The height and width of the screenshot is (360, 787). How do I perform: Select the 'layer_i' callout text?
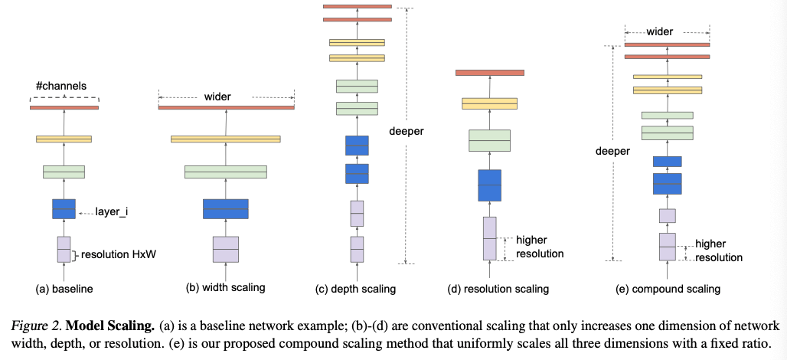(x=111, y=211)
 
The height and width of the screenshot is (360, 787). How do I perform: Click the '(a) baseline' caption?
(x=64, y=290)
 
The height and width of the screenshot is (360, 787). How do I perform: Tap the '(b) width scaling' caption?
(x=225, y=288)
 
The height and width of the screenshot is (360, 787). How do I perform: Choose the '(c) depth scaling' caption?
(x=355, y=289)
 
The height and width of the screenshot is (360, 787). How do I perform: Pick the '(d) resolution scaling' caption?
(x=498, y=289)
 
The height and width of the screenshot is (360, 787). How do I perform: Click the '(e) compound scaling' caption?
(x=668, y=289)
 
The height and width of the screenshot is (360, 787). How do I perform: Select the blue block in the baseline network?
(x=64, y=208)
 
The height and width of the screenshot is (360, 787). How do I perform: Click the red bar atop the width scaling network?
(x=226, y=107)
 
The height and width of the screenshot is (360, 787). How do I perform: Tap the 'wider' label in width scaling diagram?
(x=217, y=97)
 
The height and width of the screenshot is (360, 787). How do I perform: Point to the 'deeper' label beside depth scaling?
(x=406, y=131)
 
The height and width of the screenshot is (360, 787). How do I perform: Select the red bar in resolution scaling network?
(x=489, y=73)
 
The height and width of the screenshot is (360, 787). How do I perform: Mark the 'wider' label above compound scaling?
(x=659, y=32)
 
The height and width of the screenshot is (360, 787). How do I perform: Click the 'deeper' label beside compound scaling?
(x=612, y=152)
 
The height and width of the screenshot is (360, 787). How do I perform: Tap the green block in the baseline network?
(x=64, y=172)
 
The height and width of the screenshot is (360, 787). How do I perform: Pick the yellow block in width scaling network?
(x=226, y=139)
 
